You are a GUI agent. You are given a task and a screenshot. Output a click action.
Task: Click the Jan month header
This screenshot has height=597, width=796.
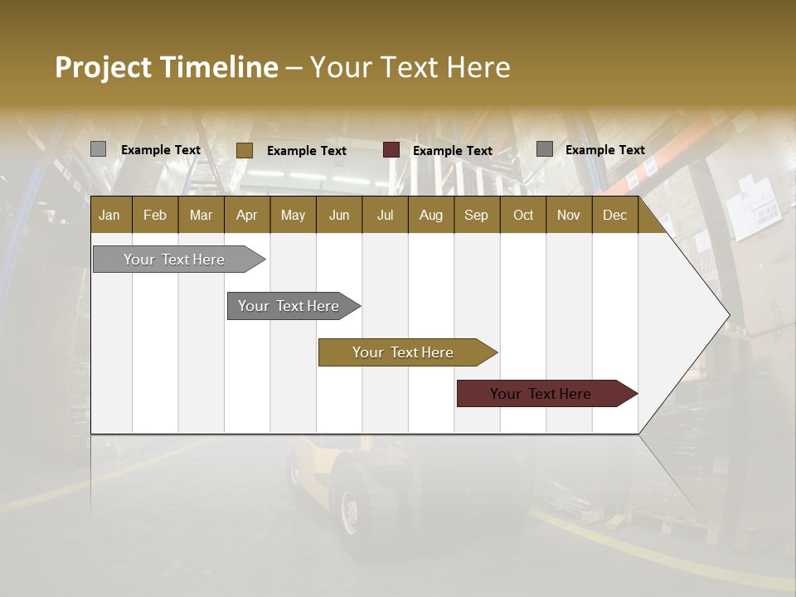pyautogui.click(x=109, y=215)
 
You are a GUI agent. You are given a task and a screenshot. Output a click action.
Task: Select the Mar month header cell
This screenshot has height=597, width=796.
pyautogui.click(x=201, y=215)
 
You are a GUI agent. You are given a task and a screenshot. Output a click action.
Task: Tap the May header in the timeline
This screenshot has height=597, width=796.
pyautogui.click(x=293, y=215)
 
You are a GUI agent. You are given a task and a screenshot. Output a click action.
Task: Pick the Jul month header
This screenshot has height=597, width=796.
pyautogui.click(x=385, y=215)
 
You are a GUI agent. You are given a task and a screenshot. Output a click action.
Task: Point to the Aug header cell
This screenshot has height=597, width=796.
pyautogui.click(x=430, y=215)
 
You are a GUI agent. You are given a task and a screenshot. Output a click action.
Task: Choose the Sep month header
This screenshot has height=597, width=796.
pyautogui.click(x=476, y=215)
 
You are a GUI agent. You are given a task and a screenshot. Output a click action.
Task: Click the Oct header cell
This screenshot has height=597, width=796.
pyautogui.click(x=523, y=215)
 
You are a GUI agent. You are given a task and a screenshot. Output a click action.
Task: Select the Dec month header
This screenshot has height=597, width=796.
pyautogui.click(x=614, y=215)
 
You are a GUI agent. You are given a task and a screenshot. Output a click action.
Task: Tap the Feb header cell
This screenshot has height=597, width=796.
pyautogui.click(x=155, y=215)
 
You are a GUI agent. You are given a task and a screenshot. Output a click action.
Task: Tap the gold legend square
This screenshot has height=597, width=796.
pyautogui.click(x=244, y=150)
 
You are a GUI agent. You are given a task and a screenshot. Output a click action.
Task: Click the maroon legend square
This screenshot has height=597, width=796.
pyautogui.click(x=391, y=150)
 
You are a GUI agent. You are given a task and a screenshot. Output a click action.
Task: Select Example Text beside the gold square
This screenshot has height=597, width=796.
pyautogui.click(x=306, y=151)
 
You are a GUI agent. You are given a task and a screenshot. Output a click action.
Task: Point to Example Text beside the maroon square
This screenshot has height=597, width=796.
pyautogui.click(x=452, y=151)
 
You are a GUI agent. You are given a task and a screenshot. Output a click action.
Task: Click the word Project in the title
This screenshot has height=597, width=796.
pyautogui.click(x=103, y=67)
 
